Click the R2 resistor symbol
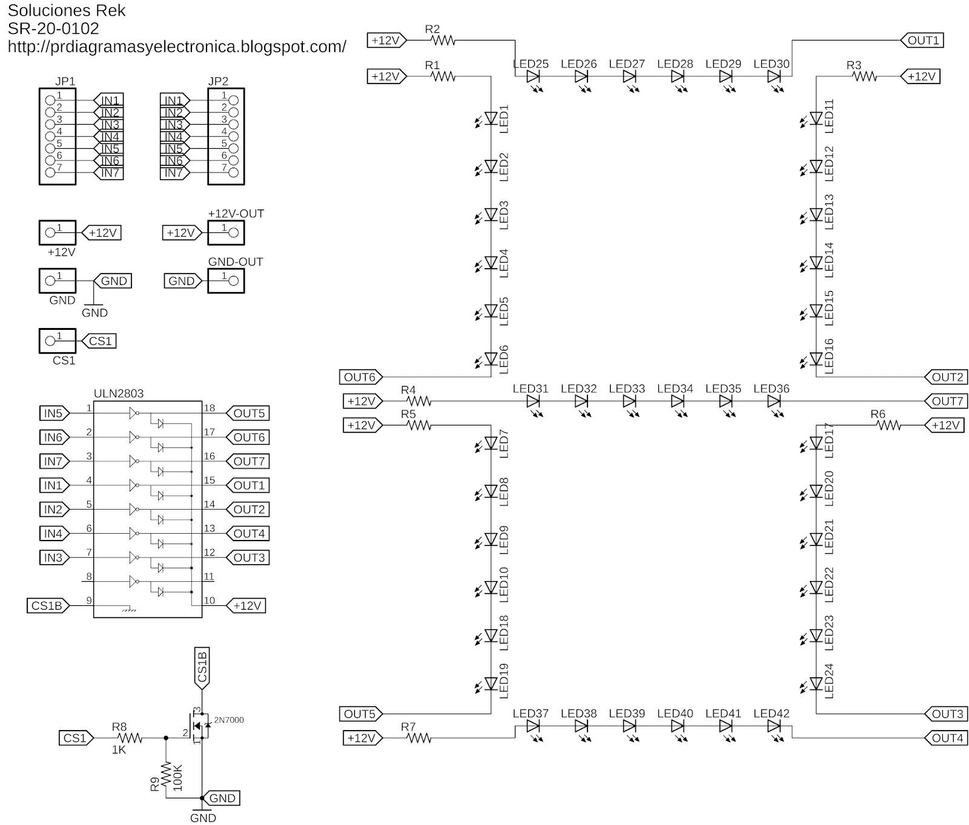443,41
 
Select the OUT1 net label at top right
923,41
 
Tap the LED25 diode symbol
533,77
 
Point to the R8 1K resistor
130,738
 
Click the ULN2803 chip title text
119,393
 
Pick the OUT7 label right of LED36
947,401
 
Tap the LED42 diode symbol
773,726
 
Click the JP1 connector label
65,82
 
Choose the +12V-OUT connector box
226,232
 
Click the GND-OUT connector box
226,281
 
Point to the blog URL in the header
177,47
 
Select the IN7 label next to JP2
174,173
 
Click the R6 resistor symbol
888,426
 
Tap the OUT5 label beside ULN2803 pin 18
249,413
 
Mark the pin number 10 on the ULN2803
209,600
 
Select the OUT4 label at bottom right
947,738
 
